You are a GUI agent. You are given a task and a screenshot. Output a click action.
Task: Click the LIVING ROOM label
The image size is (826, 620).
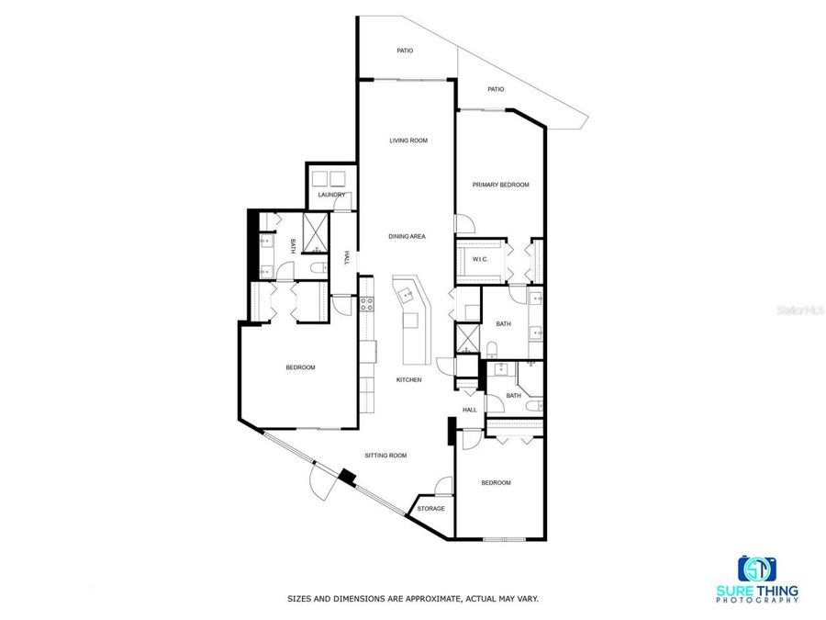[x=408, y=141]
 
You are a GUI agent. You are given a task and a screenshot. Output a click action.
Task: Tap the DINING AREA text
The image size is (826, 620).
[x=407, y=237]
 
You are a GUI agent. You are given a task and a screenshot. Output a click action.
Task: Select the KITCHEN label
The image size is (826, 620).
[x=408, y=379]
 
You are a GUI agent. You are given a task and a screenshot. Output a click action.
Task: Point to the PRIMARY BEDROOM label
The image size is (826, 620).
[x=500, y=186]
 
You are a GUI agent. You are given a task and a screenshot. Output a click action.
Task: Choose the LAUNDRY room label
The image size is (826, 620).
[x=330, y=195]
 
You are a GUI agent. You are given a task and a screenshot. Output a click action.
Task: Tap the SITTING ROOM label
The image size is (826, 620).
[x=385, y=456]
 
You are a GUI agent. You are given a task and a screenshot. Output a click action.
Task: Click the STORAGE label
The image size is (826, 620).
[x=430, y=508]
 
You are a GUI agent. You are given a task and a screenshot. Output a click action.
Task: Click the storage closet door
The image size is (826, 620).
[x=443, y=486]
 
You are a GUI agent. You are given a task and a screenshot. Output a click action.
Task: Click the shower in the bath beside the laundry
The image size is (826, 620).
[x=316, y=231]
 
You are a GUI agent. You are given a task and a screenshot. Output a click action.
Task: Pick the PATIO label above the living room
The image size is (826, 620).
[x=405, y=51]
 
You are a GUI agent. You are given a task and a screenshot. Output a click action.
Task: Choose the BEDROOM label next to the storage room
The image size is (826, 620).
[x=496, y=482]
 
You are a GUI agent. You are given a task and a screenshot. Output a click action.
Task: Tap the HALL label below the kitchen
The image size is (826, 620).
[x=469, y=410]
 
